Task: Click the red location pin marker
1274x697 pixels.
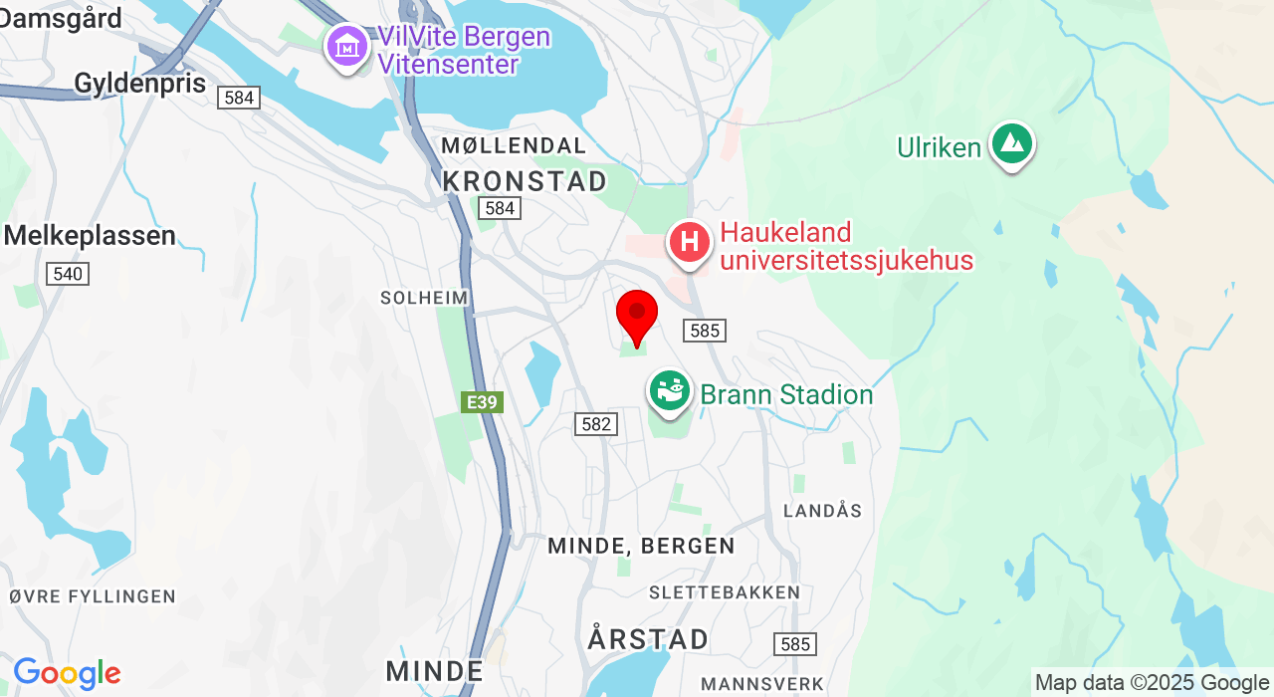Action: click(637, 316)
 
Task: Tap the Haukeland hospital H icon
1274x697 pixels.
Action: click(689, 242)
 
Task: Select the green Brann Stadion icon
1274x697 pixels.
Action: click(671, 391)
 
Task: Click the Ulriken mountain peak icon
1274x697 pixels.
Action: click(1012, 144)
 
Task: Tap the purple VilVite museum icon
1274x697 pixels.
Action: click(347, 47)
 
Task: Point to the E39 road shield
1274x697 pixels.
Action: click(483, 402)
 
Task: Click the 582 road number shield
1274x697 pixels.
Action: click(596, 424)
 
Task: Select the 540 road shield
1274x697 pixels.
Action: click(68, 274)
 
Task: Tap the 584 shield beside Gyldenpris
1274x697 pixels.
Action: click(240, 98)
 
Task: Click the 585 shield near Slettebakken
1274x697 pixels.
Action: click(795, 644)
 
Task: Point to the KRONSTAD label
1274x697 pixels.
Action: click(525, 181)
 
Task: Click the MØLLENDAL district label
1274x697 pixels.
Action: click(514, 146)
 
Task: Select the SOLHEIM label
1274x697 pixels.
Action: click(424, 298)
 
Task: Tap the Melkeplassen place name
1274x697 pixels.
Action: click(90, 236)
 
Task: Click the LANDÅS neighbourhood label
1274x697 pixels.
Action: click(822, 511)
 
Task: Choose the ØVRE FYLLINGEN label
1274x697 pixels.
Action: click(93, 596)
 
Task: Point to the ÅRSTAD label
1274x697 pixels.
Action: click(648, 638)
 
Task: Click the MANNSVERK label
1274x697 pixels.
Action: click(762, 684)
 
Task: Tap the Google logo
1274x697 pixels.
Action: click(67, 674)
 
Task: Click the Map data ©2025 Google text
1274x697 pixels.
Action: click(1152, 683)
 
